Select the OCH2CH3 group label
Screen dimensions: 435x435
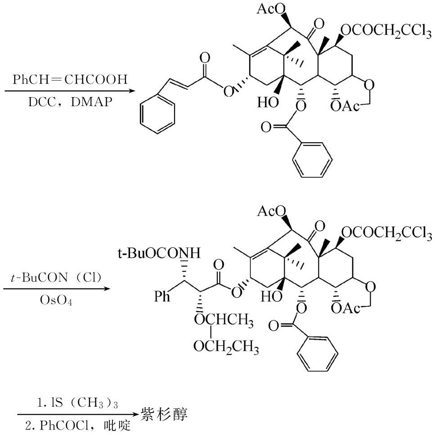(226, 347)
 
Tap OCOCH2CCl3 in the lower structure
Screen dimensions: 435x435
(386, 233)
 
